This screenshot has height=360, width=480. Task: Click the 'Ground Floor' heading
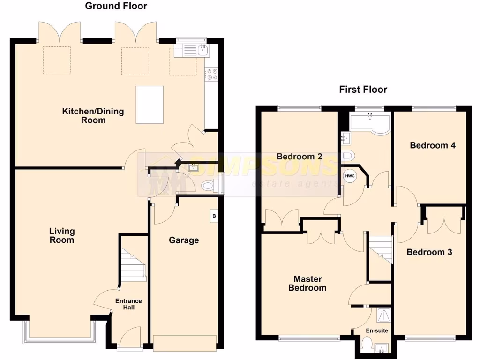116,6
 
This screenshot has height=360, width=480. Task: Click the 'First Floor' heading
363,90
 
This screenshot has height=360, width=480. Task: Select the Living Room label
62,235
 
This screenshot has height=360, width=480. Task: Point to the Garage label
184,240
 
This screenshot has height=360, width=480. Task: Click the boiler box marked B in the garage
214,217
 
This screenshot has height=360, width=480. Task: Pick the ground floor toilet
210,186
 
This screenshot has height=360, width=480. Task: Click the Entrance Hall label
128,304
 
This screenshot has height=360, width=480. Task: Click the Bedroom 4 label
432,145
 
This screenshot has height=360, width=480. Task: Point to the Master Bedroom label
307,283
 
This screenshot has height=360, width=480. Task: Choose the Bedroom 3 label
429,252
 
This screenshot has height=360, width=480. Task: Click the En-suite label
376,330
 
